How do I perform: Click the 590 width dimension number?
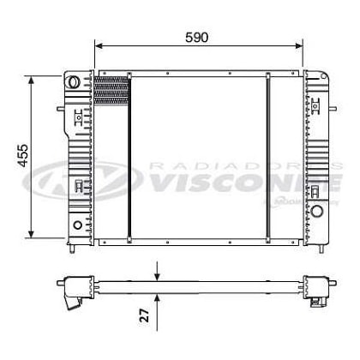pos(197,37)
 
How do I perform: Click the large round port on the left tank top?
pos(75,83)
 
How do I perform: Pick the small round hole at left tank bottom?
pos(78,225)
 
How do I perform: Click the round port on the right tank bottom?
pos(318,211)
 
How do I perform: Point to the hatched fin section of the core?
pos(110,90)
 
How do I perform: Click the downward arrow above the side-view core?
pos(157,273)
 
